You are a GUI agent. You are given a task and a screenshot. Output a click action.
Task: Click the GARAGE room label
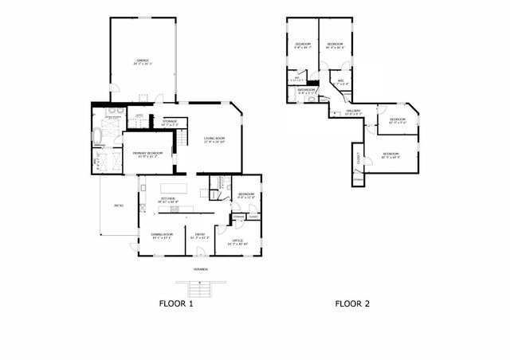142,60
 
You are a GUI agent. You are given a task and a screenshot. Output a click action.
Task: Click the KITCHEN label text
168,198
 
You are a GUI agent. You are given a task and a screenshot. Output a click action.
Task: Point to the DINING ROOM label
162,233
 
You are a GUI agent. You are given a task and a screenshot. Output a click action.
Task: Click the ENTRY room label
201,233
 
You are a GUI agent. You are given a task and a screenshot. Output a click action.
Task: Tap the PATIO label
118,205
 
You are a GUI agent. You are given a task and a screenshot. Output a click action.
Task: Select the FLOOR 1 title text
175,303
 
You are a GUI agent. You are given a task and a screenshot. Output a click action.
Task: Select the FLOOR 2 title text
351,303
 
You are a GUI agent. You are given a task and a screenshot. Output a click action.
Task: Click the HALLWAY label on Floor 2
352,111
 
